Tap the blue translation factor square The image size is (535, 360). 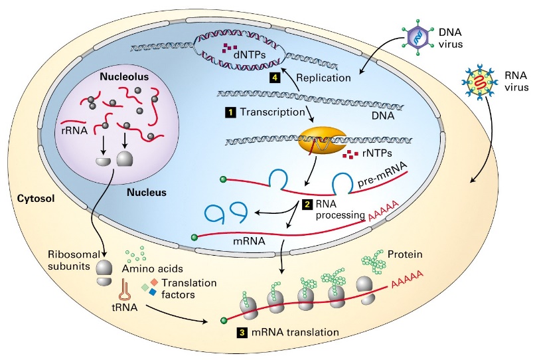tap(152, 292)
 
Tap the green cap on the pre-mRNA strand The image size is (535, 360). tap(224, 178)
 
